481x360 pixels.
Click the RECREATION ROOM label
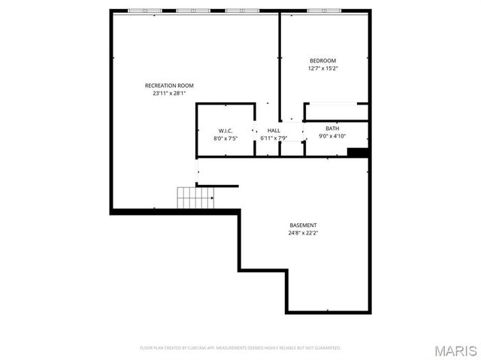point(169,86)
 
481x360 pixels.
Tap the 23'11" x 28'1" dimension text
point(169,94)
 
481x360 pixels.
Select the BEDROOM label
point(323,61)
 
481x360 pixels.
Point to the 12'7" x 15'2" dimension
point(323,68)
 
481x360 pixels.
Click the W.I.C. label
point(225,131)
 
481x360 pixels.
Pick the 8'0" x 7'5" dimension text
point(225,138)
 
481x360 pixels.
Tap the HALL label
point(274,131)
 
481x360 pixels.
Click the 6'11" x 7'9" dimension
point(274,138)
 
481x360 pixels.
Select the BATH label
point(332,129)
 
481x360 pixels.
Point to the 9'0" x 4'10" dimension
point(332,136)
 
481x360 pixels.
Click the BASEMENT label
point(304,225)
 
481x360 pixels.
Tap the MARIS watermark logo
point(456,350)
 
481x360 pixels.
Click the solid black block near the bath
point(358,153)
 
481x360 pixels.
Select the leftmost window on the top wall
point(139,11)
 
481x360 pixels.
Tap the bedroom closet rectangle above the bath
point(336,112)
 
